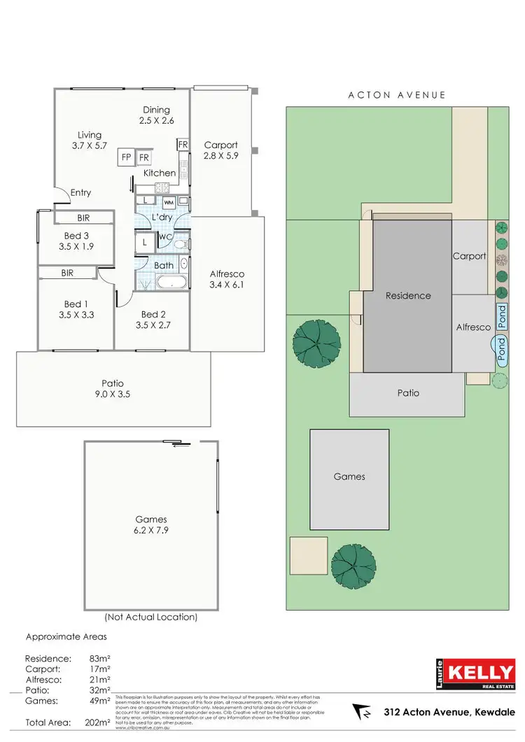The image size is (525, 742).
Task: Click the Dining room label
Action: coord(157,110)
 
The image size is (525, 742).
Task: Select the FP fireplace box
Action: coord(126,157)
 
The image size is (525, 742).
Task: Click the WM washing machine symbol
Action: coord(169,203)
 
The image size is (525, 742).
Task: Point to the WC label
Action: coord(166,236)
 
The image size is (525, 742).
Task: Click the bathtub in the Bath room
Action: coord(171,283)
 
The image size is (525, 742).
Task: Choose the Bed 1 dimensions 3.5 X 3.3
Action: coord(78,315)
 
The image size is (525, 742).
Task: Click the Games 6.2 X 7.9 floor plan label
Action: coord(151,525)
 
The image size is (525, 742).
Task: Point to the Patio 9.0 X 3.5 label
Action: coord(113,389)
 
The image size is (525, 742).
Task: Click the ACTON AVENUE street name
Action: coord(396,94)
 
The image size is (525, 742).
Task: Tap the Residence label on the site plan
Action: coord(409,295)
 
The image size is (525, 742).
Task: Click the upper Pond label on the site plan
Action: coord(501,317)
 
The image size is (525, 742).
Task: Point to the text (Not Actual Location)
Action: coord(150,618)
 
